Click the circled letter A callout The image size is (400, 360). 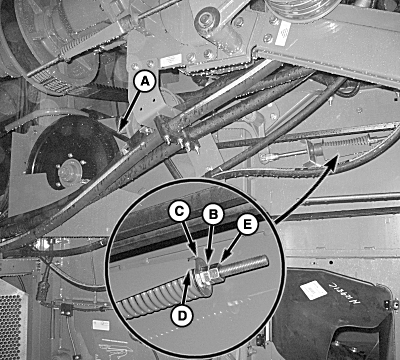[144, 81]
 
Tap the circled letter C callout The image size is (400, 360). [180, 213]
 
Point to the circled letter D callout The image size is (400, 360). [182, 315]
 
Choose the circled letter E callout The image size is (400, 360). [247, 225]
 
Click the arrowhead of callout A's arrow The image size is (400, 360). [119, 130]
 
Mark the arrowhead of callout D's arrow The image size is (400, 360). [190, 274]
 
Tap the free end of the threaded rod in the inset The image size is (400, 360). [266, 260]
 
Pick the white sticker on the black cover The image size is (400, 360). [313, 290]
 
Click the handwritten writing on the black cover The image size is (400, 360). [344, 294]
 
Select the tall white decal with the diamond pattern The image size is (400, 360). [283, 33]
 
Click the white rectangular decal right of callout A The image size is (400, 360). [171, 61]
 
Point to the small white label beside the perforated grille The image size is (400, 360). [101, 325]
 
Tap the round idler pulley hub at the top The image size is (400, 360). [207, 20]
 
